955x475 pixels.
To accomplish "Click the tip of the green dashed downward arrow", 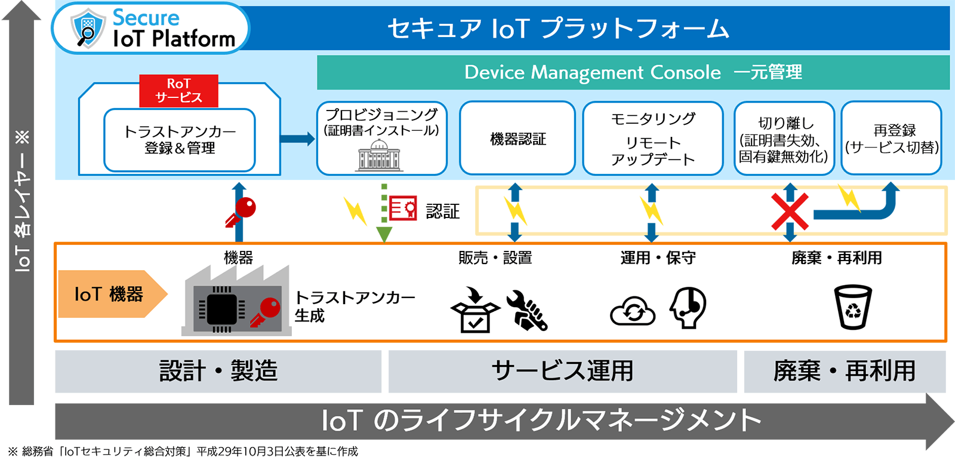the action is tap(384, 243).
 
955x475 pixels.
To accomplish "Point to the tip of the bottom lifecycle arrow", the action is tap(954, 421).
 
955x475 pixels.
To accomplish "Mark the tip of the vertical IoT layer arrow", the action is tap(21, 1).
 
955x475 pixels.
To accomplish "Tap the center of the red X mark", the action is tap(790, 212).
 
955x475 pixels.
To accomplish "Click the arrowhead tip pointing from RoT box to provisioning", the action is tap(315, 138).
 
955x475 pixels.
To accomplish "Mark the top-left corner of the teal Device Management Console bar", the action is tap(317, 56).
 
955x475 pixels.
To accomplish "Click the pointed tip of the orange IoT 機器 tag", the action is tap(168, 293).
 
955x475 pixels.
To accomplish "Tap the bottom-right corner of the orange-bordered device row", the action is tap(947, 342).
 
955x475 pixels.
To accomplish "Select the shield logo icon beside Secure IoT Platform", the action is tap(88, 28).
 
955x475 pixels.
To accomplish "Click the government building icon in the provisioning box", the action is tap(378, 156).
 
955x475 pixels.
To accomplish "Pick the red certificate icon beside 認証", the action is tap(403, 209).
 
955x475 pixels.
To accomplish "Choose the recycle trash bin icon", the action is tap(853, 307).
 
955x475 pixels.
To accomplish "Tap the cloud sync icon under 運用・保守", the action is tap(632, 311).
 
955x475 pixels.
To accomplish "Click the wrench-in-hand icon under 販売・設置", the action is tap(527, 310).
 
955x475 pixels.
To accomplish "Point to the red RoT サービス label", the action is tap(178, 91).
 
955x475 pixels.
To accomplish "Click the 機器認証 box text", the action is tap(518, 139).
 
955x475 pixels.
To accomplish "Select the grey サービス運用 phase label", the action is tap(562, 371).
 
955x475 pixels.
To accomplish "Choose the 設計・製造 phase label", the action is tap(218, 371).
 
